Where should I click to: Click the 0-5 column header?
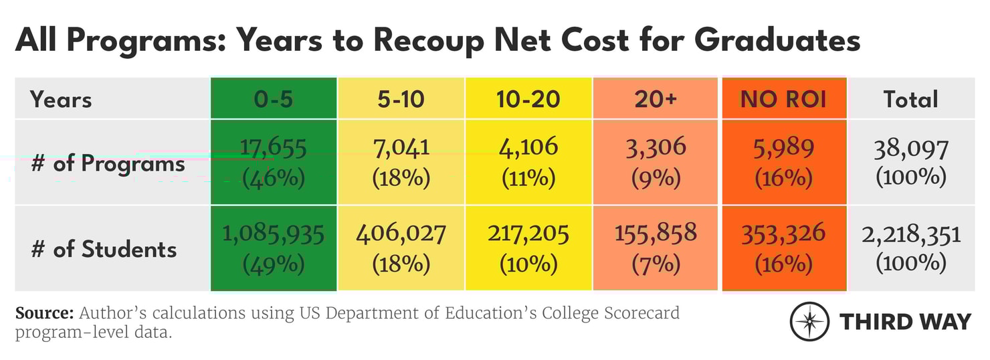[274, 99]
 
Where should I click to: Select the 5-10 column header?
[401, 99]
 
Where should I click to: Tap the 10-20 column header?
[528, 99]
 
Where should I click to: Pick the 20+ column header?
[656, 99]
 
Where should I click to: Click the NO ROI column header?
[783, 99]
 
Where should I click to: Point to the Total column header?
[910, 99]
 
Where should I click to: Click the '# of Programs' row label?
[108, 163]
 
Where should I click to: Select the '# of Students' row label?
[104, 249]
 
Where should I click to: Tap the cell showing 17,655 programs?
[274, 162]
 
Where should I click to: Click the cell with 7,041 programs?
[401, 162]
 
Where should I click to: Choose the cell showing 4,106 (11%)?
[528, 162]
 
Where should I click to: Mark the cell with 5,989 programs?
[783, 162]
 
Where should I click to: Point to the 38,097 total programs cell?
[910, 162]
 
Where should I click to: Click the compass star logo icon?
[809, 322]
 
